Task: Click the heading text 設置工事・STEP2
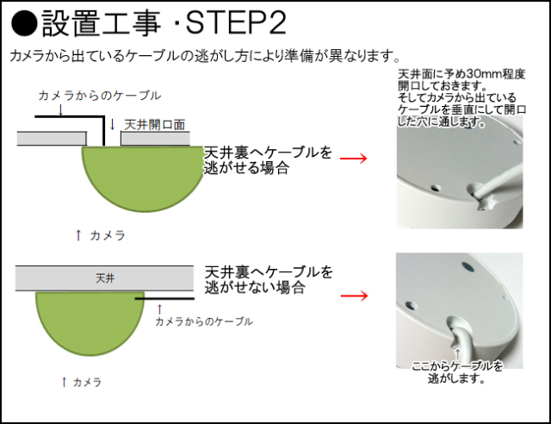(x=164, y=22)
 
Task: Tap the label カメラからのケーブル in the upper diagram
(x=99, y=96)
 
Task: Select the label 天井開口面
(x=155, y=125)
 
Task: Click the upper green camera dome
(x=140, y=177)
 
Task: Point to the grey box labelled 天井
(x=104, y=278)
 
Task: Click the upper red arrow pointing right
(x=354, y=159)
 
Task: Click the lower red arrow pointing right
(x=354, y=296)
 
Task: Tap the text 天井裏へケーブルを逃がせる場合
(x=267, y=160)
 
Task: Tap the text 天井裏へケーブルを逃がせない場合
(x=267, y=280)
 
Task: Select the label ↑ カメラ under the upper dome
(x=101, y=234)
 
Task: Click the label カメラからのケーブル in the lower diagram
(x=203, y=321)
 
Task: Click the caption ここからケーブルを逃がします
(x=457, y=371)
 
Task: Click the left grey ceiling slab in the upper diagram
(x=53, y=138)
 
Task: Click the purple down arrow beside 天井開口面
(x=112, y=124)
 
